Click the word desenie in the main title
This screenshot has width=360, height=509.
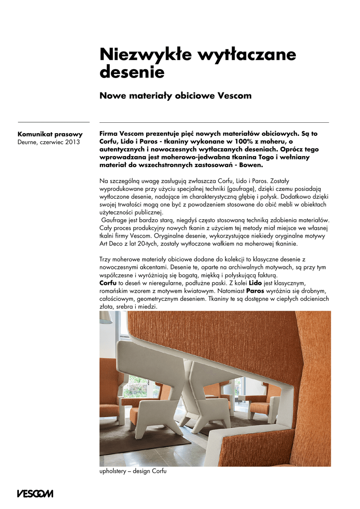pyautogui.click(x=132, y=73)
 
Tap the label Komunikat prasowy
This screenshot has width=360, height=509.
pyautogui.click(x=50, y=134)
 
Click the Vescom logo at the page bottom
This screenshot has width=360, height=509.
pyautogui.click(x=35, y=494)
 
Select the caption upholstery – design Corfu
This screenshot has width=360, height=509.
pyautogui.click(x=133, y=471)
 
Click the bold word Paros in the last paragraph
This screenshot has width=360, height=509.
pyautogui.click(x=255, y=290)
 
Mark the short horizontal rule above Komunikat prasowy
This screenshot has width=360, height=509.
pyautogui.click(x=53, y=122)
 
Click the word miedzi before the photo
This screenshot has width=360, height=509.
pyautogui.click(x=148, y=307)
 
